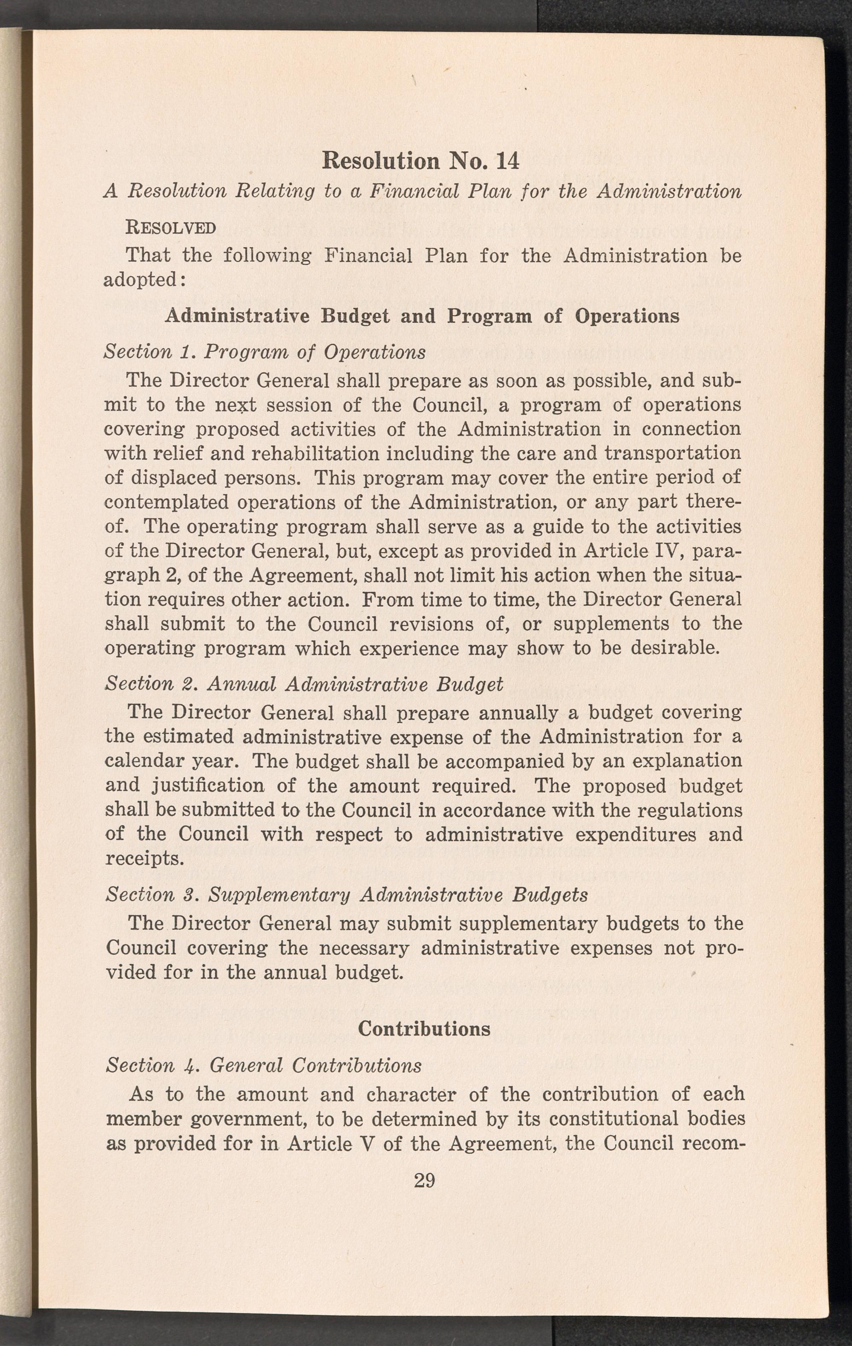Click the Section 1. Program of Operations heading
(x=265, y=352)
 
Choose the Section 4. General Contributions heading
(x=263, y=1065)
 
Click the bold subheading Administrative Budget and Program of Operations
(x=422, y=316)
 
